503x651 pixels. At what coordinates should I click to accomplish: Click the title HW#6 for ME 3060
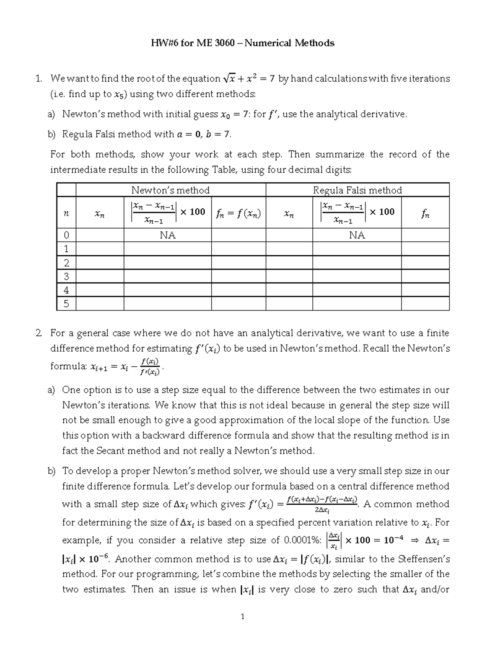click(x=242, y=43)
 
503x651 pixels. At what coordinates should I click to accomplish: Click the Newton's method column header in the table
click(x=170, y=190)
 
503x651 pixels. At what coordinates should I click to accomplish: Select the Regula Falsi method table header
click(x=357, y=190)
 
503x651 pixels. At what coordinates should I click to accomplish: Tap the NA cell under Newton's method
click(x=168, y=235)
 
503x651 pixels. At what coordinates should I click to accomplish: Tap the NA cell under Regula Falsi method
click(x=357, y=235)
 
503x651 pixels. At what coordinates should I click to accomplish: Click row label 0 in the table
click(x=66, y=235)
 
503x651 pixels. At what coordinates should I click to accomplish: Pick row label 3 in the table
click(x=66, y=276)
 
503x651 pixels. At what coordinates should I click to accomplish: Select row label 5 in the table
click(x=66, y=303)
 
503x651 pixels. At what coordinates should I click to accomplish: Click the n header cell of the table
click(x=66, y=213)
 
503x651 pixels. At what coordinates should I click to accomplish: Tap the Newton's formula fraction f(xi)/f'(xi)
click(x=150, y=366)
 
